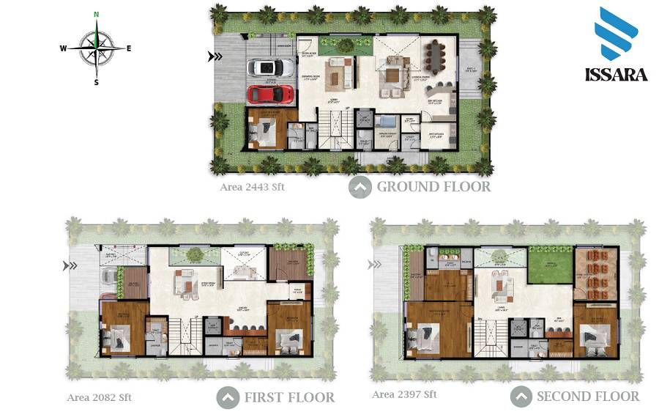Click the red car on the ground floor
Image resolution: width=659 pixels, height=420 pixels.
[x=270, y=94]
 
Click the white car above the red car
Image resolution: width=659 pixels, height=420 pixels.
[x=270, y=68]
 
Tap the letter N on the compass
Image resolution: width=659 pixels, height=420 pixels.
[x=96, y=15]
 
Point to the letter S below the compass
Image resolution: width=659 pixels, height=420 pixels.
[x=96, y=82]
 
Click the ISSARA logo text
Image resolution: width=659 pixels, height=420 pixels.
[x=616, y=75]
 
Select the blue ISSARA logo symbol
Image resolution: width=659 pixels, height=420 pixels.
[x=616, y=34]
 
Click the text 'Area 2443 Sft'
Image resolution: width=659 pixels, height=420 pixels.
[x=252, y=187]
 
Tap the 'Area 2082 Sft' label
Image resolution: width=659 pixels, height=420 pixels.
[x=99, y=398]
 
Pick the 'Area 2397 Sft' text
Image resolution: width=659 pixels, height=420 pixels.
[x=404, y=394]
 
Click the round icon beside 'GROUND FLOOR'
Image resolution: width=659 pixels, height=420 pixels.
[x=360, y=188]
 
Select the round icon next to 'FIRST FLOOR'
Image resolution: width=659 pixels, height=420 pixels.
[x=228, y=398]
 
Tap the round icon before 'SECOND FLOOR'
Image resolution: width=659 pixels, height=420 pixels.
[x=521, y=397]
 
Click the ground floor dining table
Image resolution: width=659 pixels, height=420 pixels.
[x=437, y=53]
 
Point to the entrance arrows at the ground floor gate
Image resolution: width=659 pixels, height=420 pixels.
[x=215, y=56]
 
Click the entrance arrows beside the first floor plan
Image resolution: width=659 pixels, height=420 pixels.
[x=70, y=266]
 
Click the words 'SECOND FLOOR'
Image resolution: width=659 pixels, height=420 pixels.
[x=588, y=397]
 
